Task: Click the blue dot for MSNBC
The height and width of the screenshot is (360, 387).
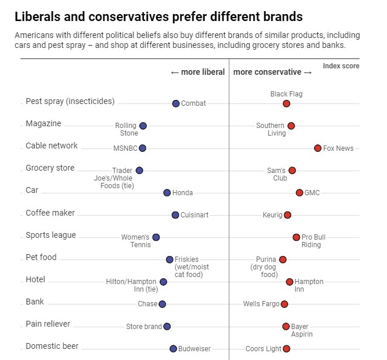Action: (x=143, y=148)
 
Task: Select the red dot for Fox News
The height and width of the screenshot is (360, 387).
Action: (x=317, y=148)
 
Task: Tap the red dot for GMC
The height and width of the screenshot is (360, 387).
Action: (x=299, y=192)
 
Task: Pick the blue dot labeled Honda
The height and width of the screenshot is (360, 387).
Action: (x=167, y=192)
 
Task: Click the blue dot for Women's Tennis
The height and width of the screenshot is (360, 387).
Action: (x=156, y=237)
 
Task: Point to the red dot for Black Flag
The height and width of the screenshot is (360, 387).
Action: (x=286, y=103)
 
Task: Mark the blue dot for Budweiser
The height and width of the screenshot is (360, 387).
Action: (x=173, y=348)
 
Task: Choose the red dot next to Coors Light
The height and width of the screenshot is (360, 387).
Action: (x=286, y=348)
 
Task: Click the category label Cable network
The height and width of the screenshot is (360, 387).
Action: (x=51, y=146)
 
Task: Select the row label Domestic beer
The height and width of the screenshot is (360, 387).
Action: (x=52, y=346)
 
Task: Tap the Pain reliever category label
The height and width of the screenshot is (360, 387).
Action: (x=48, y=324)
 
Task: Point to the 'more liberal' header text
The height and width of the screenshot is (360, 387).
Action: (x=198, y=72)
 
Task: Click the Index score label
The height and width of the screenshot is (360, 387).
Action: (x=341, y=66)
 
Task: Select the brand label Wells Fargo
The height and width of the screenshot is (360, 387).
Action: (x=261, y=304)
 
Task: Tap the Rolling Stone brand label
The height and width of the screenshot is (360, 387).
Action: (x=126, y=129)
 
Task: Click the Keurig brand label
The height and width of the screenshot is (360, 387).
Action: (x=272, y=215)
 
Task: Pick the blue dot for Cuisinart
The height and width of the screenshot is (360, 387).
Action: (x=175, y=215)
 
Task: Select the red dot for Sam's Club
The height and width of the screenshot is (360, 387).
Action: (x=292, y=170)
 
